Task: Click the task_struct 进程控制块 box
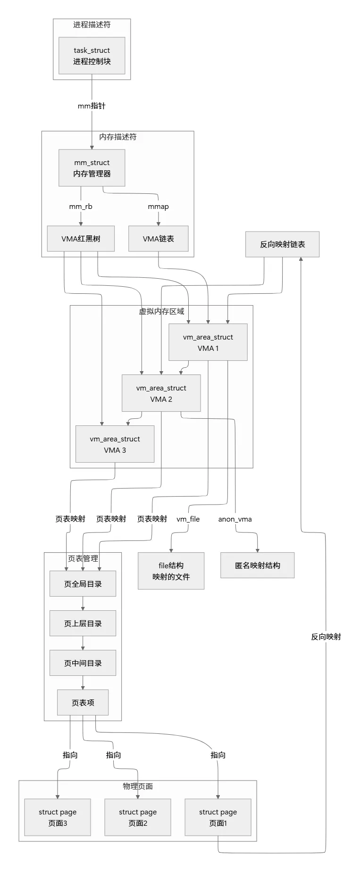point(92,56)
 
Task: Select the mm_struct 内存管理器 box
point(92,168)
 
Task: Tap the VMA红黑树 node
point(81,239)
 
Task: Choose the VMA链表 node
point(159,239)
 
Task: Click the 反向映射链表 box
point(282,244)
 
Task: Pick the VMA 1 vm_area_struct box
point(208,342)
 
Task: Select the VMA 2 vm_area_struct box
point(161,393)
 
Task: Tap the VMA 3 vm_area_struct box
point(115,444)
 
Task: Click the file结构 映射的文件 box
point(171,571)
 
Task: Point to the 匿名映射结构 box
point(257,565)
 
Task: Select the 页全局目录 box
point(83,584)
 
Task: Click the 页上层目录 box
point(83,623)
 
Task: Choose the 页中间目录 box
point(83,663)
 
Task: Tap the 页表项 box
point(83,703)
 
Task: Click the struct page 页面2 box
point(138,817)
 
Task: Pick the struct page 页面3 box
point(58,817)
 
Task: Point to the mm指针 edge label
point(92,106)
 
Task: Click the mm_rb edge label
point(81,207)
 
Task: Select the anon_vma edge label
point(235,519)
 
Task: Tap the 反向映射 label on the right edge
point(326,637)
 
